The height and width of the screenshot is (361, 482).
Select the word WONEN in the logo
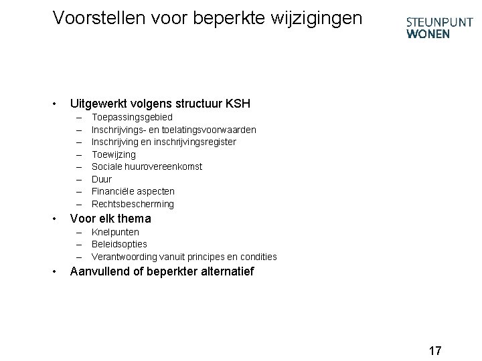[428, 35]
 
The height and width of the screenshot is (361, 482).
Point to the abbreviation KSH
[237, 104]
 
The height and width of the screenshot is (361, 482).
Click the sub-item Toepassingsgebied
[132, 117]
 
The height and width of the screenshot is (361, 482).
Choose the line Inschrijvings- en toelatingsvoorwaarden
[173, 129]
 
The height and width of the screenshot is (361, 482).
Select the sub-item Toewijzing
[113, 154]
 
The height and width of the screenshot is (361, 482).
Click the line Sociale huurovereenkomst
[147, 166]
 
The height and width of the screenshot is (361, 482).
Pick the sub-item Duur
[102, 179]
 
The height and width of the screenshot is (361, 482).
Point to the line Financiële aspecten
[133, 191]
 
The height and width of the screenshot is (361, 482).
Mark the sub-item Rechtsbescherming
[133, 204]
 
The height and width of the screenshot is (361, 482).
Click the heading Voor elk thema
[110, 219]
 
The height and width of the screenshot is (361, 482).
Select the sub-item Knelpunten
[115, 232]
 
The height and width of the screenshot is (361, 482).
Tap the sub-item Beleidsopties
[119, 244]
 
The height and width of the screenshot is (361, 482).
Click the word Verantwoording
[124, 257]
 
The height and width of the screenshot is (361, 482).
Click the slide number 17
[435, 350]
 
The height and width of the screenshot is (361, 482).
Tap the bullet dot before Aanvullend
[54, 271]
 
